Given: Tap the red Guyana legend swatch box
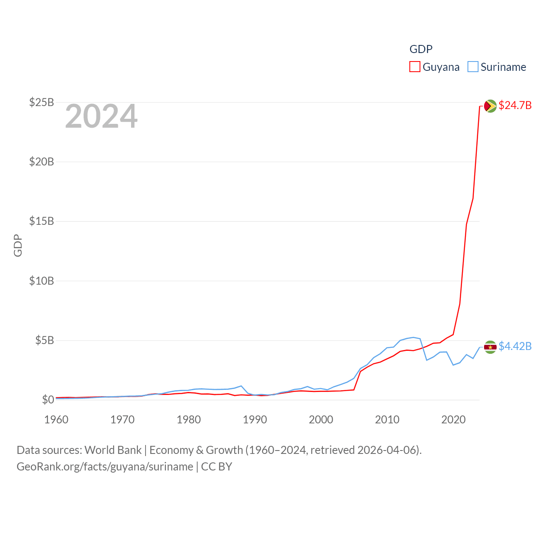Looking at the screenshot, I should [x=414, y=67].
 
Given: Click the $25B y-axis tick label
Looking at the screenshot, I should [x=42, y=102].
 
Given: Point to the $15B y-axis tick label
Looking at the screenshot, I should [x=42, y=221].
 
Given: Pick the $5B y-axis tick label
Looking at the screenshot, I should [x=45, y=340].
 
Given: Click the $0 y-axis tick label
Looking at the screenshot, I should [x=48, y=400].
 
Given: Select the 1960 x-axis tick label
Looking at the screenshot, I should [x=56, y=420].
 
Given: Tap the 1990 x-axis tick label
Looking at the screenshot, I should [x=255, y=420].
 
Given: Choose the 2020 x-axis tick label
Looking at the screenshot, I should [x=453, y=420].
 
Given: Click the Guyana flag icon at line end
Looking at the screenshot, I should [x=490, y=106].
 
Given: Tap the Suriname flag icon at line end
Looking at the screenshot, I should [x=490, y=347].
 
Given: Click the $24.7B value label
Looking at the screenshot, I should [x=515, y=105].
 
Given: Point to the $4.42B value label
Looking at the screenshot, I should [x=515, y=346].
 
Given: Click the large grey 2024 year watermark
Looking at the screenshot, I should [x=101, y=116].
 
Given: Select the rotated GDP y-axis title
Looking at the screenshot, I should [x=18, y=245].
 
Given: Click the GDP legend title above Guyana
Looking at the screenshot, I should [x=421, y=49].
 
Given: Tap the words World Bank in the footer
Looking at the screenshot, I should [x=113, y=450].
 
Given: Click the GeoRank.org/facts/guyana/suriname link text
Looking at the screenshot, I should [x=105, y=467].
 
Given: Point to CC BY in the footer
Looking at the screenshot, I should [x=216, y=467].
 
